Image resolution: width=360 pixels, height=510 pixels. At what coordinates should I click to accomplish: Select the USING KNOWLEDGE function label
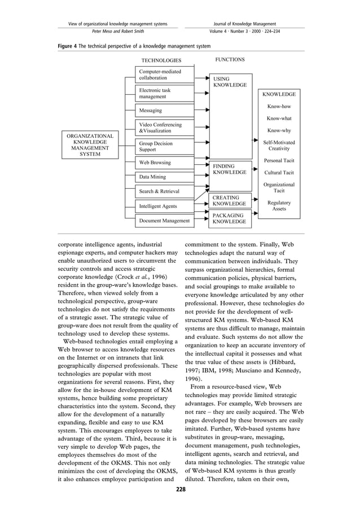coord(229,81)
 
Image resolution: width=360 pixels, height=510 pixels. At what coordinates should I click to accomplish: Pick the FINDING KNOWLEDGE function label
coord(229,169)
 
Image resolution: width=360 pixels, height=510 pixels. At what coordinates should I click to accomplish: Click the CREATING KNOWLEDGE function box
coord(229,200)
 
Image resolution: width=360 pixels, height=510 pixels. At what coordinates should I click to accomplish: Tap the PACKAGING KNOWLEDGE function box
coord(229,219)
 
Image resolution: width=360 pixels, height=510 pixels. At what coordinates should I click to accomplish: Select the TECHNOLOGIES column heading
coord(161,60)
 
